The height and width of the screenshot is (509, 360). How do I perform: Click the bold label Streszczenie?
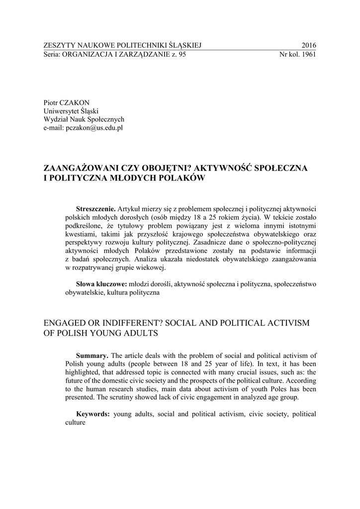coord(95,208)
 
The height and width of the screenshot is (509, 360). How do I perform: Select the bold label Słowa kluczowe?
coord(101,284)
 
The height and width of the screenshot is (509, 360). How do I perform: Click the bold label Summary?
coord(92,355)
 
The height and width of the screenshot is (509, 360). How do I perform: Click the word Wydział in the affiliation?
coord(56,119)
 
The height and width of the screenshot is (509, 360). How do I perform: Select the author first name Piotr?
coord(52,102)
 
